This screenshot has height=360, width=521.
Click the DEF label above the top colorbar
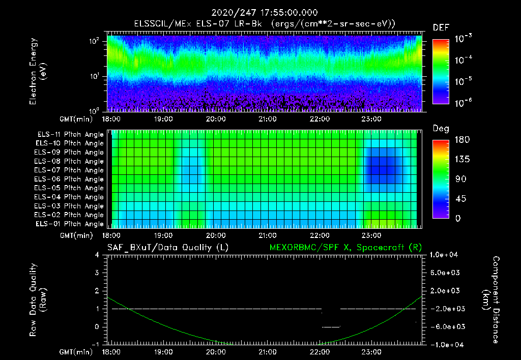point(441,27)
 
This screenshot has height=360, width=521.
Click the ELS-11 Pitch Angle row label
point(70,135)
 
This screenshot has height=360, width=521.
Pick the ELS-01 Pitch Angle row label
point(70,224)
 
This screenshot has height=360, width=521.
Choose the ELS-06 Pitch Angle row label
point(70,179)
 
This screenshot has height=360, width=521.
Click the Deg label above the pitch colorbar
point(441,129)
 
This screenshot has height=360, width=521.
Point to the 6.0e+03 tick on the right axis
point(445,273)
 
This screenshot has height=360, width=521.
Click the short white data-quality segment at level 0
point(331,326)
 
